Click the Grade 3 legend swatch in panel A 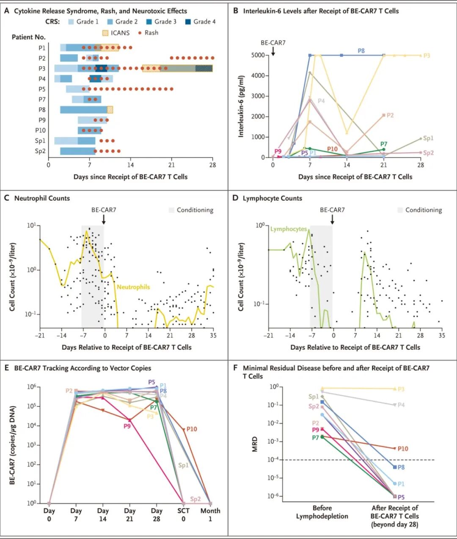(x=149, y=22)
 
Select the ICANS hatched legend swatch (x=105, y=33)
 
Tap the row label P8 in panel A (x=42, y=110)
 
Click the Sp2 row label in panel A (x=40, y=151)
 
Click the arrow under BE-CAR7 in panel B (x=273, y=51)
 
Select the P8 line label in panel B (x=361, y=51)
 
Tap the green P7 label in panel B (x=383, y=144)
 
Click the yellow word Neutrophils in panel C (x=133, y=287)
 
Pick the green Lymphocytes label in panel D (x=289, y=229)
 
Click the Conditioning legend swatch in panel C (x=171, y=210)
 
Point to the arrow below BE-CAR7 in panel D (x=332, y=219)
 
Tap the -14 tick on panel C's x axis (x=61, y=335)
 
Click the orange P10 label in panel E (x=192, y=429)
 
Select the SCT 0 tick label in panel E (x=183, y=514)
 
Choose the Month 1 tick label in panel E (x=210, y=514)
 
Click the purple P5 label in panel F (x=401, y=497)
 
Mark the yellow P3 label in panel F (x=401, y=389)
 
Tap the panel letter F (x=235, y=368)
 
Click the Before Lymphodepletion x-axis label (x=322, y=512)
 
